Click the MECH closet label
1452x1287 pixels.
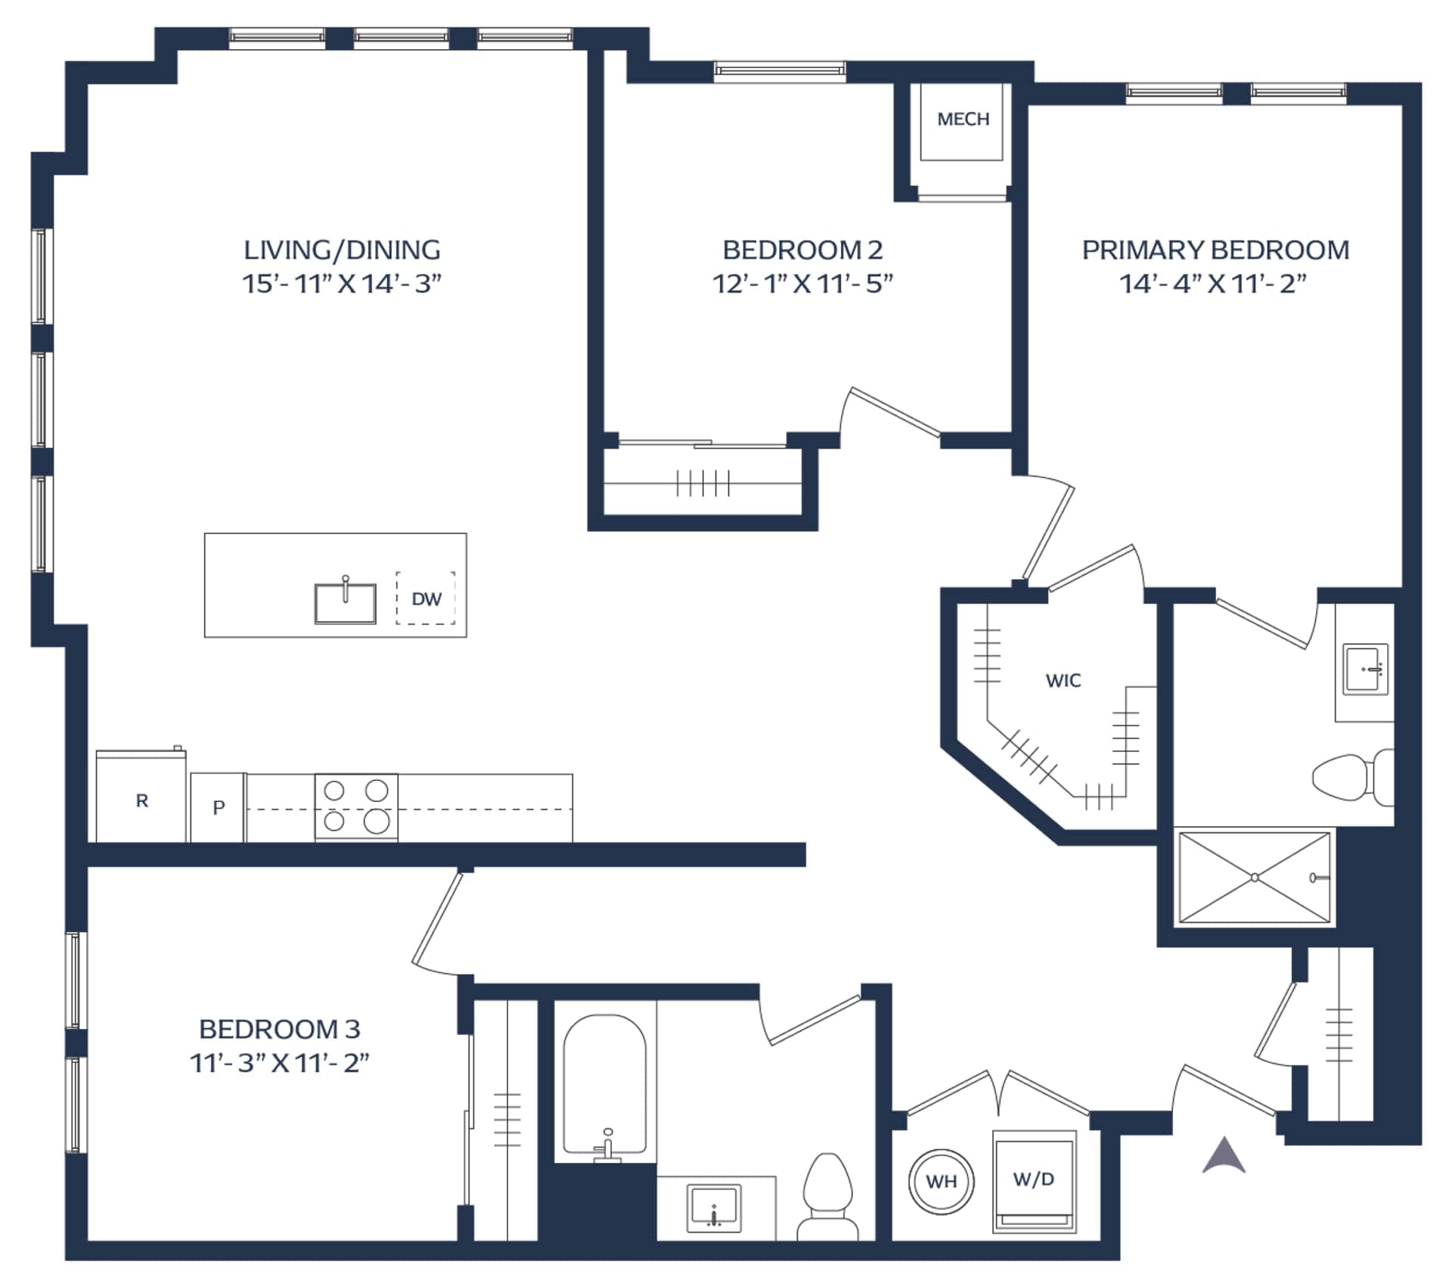click(x=963, y=119)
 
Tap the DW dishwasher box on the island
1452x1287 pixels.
click(x=426, y=598)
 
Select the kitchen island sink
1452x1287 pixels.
click(x=346, y=602)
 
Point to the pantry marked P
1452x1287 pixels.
click(x=218, y=807)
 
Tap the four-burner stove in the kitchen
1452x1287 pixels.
click(x=356, y=807)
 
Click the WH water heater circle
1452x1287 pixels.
click(x=942, y=1181)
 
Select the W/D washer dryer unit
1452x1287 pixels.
click(x=1034, y=1181)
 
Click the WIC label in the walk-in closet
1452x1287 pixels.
click(x=1063, y=681)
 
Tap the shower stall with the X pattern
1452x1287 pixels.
click(x=1255, y=878)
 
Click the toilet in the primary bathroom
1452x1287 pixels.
click(x=1353, y=777)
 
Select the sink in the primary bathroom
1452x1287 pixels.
click(x=1366, y=669)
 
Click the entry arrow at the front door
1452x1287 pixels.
click(x=1224, y=1155)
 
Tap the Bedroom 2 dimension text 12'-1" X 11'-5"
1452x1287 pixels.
click(x=802, y=284)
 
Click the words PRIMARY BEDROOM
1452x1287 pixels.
click(x=1215, y=250)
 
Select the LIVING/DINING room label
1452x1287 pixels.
click(x=342, y=250)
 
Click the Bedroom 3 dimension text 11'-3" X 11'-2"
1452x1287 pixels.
click(x=279, y=1063)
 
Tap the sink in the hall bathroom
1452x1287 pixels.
click(x=714, y=1208)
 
